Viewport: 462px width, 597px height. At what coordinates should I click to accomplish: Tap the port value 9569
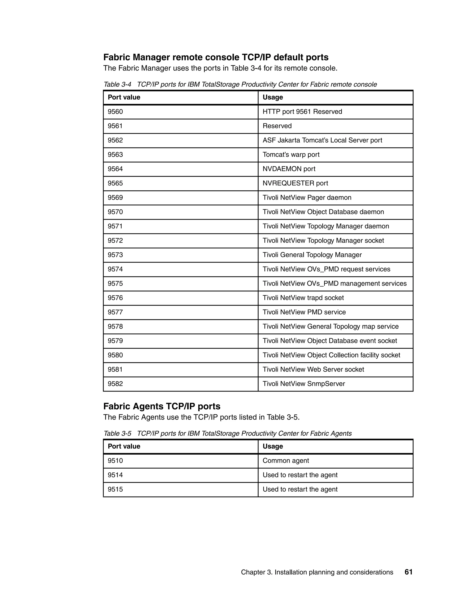tap(115, 198)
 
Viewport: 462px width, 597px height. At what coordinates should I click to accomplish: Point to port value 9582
tap(115, 384)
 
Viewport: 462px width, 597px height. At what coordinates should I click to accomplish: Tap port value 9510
tap(115, 461)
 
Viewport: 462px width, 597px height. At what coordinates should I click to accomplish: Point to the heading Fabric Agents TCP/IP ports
tap(162, 406)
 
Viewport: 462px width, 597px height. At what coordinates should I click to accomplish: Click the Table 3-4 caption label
tap(117, 84)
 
